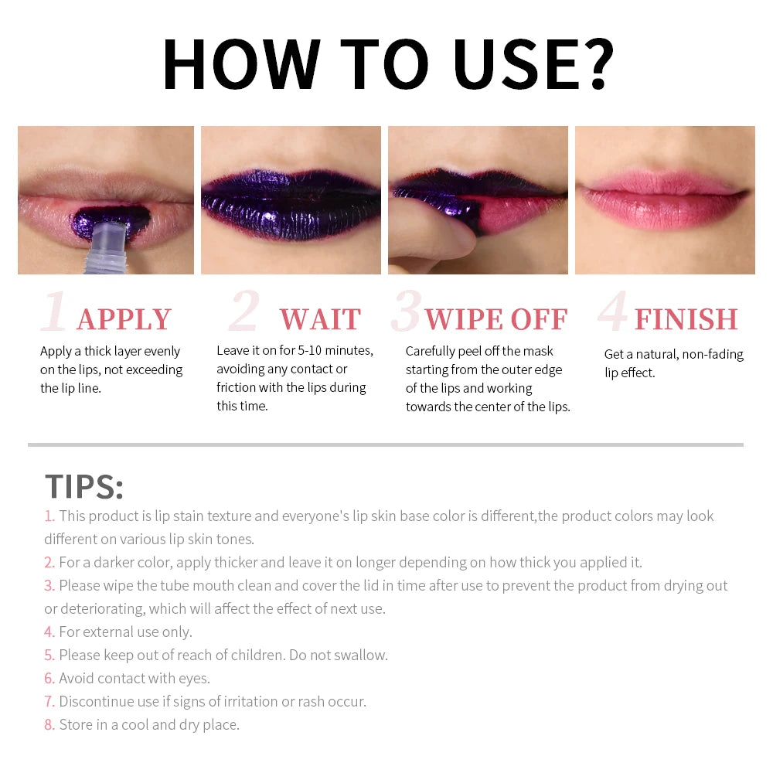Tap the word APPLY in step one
point(124,319)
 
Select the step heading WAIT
point(320,319)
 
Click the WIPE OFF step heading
point(496,319)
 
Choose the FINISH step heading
point(686,319)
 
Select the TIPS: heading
point(84,486)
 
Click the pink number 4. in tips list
point(49,632)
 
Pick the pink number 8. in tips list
point(49,725)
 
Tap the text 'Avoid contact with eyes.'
point(135,679)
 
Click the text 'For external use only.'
point(125,632)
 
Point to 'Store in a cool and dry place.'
point(149,725)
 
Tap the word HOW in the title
point(241,63)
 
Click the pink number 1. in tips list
point(49,516)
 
